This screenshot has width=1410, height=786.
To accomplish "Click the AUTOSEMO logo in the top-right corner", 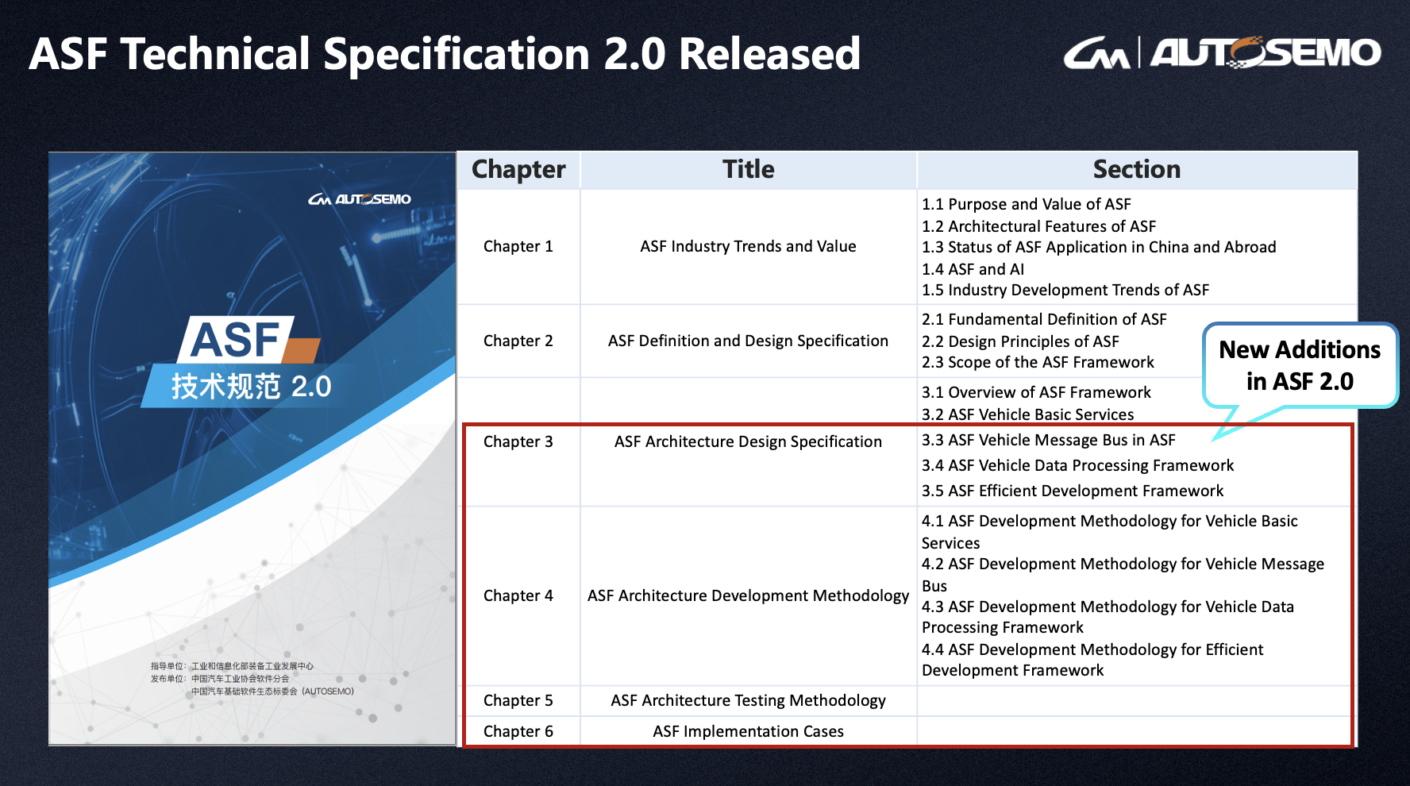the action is [x=1222, y=52].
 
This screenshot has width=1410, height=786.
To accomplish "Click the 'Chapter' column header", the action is [x=518, y=169].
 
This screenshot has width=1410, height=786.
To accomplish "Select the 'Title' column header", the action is [x=748, y=169].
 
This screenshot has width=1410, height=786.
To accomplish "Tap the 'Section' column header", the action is [x=1136, y=169].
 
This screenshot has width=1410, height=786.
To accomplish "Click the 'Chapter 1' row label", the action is [x=518, y=246].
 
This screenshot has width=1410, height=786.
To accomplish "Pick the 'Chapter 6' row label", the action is [x=518, y=731].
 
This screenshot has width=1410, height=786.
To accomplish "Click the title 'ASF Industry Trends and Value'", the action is [x=748, y=246].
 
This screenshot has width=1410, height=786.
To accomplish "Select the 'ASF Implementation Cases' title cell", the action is [x=748, y=731].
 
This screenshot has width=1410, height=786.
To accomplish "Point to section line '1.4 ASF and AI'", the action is [x=973, y=269].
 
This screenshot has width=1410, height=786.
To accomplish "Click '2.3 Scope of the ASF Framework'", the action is [x=1038, y=362].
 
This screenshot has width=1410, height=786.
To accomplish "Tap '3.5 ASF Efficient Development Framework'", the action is [x=1073, y=491].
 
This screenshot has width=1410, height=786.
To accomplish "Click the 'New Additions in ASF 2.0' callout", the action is [x=1300, y=365].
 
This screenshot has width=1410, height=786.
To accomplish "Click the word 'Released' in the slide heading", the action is [x=769, y=54].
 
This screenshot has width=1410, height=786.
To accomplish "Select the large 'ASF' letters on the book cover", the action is [x=236, y=340].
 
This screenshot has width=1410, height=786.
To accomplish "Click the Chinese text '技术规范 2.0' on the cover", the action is [x=251, y=387].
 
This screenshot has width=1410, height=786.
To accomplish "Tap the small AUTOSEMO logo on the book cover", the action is [x=360, y=199].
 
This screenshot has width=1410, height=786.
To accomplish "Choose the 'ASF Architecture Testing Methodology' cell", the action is [x=748, y=700].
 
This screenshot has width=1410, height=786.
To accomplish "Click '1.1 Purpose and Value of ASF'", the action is [x=1026, y=204].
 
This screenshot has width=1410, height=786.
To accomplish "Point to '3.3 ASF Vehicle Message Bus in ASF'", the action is [x=1048, y=440].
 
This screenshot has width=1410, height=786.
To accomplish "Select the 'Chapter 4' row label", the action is [x=518, y=595].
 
